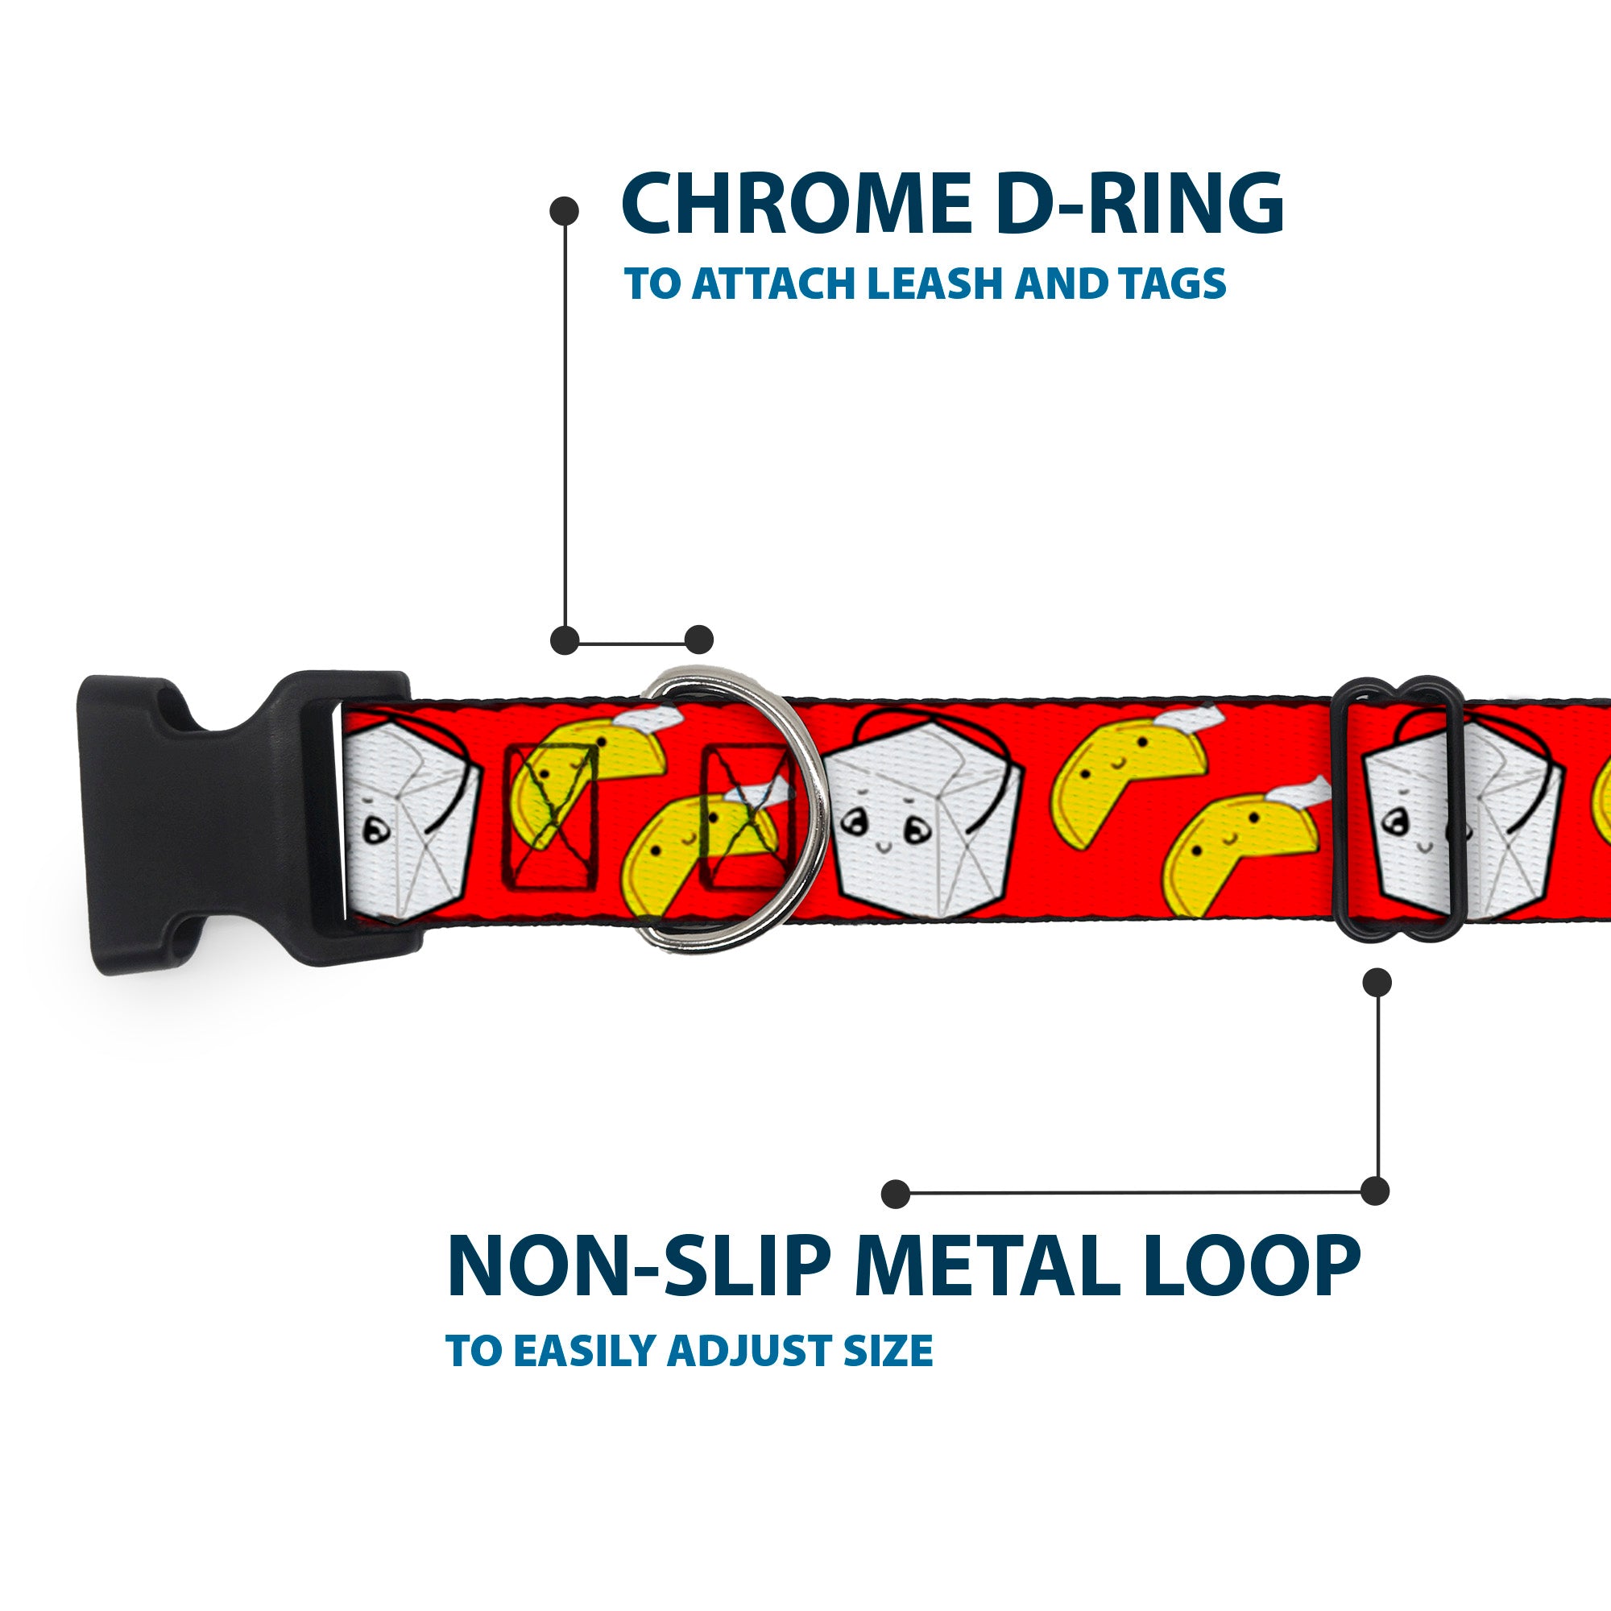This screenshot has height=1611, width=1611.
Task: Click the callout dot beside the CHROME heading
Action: [565, 211]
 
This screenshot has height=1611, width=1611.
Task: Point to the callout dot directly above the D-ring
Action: [698, 640]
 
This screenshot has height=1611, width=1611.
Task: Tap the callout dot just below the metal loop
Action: [1377, 982]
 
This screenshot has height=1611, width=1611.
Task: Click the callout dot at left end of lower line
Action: [896, 1193]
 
